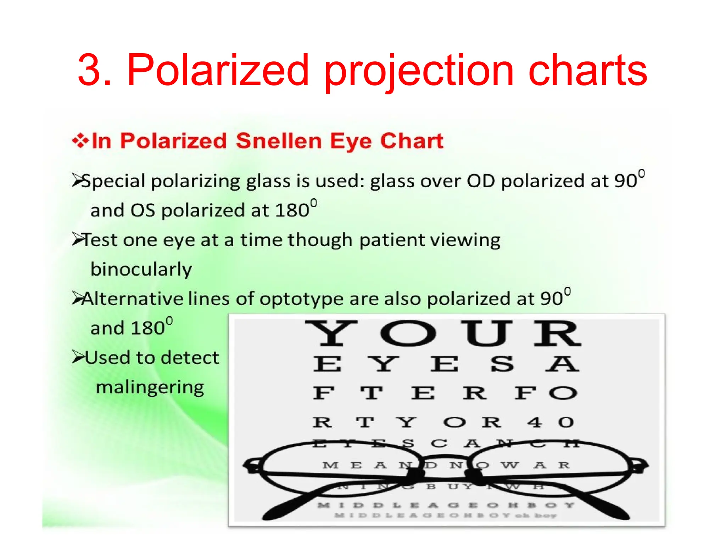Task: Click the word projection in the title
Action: pos(419,71)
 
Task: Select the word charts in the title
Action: pos(587,70)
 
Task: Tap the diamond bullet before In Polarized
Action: pos(80,141)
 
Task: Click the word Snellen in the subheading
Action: pos(279,141)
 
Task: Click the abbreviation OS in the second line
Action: pos(143,210)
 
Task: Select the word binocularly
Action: pos(141,269)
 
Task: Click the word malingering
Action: pos(150,387)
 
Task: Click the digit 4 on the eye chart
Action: pos(534,422)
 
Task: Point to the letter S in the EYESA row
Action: pos(502,364)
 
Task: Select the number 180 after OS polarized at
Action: pos(292,210)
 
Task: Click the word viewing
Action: pos(465,240)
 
